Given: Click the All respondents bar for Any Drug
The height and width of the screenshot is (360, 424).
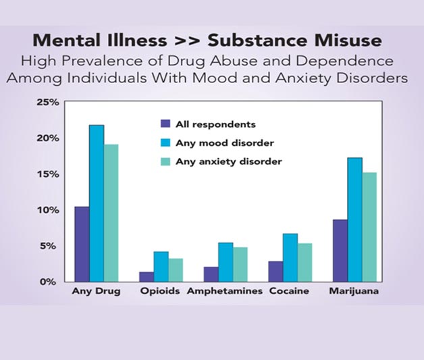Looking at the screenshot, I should [82, 244].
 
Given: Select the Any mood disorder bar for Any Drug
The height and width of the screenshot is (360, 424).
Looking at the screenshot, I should [97, 203].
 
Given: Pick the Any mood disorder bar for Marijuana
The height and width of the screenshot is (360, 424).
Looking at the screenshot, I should [354, 220].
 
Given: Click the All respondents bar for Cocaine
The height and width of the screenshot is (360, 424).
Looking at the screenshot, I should [275, 271].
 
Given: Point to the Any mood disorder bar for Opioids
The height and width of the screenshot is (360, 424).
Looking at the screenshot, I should [161, 267].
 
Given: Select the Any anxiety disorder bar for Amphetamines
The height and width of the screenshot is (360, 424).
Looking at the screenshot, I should [240, 264].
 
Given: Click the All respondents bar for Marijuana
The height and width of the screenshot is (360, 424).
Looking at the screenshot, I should [340, 251].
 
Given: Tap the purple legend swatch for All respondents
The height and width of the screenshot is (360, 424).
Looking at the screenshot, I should [165, 124].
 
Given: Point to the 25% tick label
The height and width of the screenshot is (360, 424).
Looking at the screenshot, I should [48, 102].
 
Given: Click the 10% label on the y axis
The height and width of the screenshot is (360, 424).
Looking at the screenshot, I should [48, 210].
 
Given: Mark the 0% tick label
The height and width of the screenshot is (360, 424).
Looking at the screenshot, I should [51, 282].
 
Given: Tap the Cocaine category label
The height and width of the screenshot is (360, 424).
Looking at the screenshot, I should [289, 292].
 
